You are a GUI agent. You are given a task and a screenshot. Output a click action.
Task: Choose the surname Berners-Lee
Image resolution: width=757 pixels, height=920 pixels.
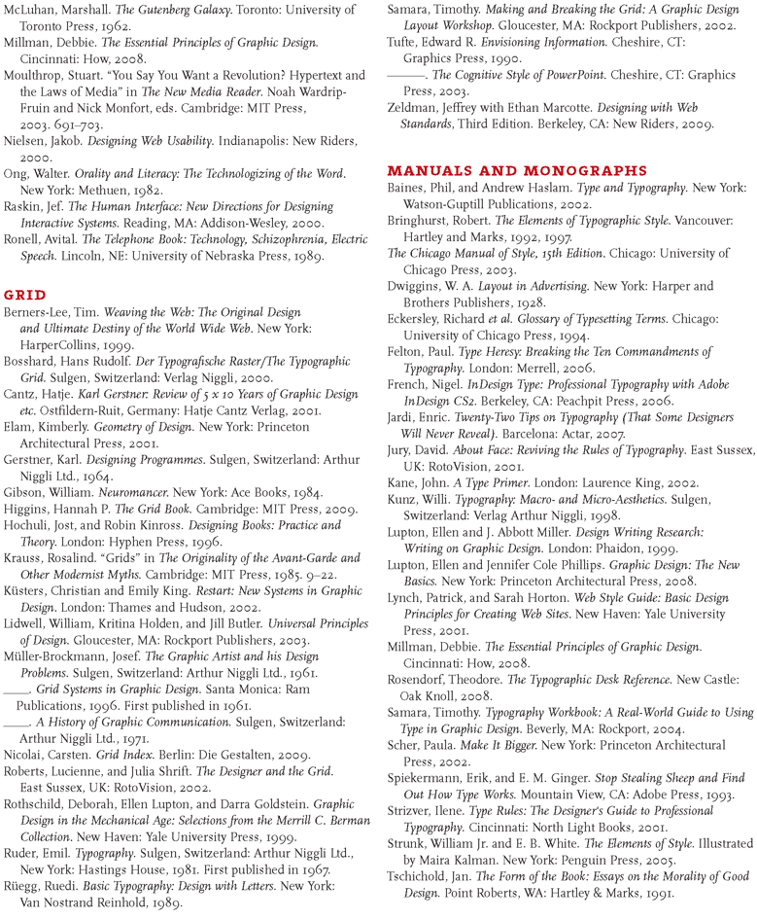[38, 310]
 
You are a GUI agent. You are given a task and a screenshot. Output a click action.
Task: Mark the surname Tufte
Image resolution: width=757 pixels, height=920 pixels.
[404, 41]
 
